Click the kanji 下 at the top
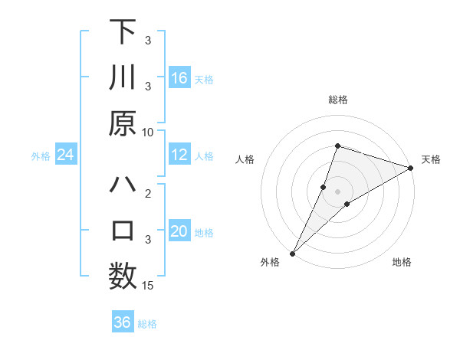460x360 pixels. tap(123, 31)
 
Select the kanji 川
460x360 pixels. tap(123, 78)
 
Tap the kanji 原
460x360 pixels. tap(123, 123)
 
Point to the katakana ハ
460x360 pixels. tap(123, 185)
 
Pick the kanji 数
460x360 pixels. tap(123, 277)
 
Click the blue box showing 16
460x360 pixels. tap(179, 78)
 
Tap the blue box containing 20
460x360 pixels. tap(179, 231)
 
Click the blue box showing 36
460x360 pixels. tap(123, 322)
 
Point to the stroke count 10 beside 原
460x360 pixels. tap(148, 132)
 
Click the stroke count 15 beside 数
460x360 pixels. tap(148, 286)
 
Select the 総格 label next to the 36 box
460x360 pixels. tap(147, 324)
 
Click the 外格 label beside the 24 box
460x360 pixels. tap(41, 156)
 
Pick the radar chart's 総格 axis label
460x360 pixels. tap(337, 100)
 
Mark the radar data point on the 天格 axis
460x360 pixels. tap(410, 169)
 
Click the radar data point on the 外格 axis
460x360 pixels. tap(292, 253)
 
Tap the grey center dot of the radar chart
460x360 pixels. tap(337, 191)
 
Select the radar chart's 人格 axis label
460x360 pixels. tap(245, 159)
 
